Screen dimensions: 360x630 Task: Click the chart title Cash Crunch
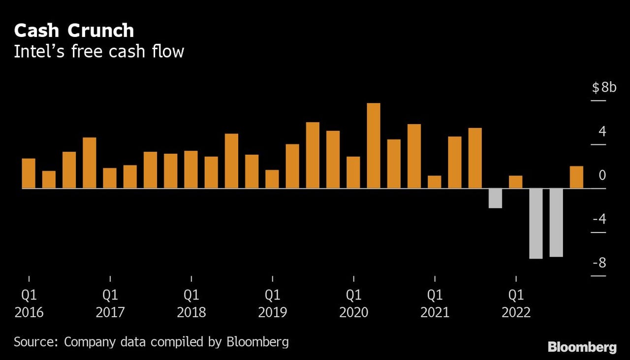[74, 31]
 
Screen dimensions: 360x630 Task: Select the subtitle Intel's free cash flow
[99, 51]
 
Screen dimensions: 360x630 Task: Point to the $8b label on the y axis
[604, 88]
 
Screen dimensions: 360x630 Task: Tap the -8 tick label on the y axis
[599, 263]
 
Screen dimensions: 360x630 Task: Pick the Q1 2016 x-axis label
[29, 303]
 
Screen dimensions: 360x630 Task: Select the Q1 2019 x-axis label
[273, 303]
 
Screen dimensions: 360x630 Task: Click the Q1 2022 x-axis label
[516, 303]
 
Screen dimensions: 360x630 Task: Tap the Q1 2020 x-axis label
[354, 303]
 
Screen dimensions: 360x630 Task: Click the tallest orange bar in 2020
[374, 146]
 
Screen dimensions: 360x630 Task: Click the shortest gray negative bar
[495, 198]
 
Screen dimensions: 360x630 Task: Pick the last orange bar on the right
[576, 177]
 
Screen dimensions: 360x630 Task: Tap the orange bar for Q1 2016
[29, 173]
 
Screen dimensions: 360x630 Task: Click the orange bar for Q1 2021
[435, 182]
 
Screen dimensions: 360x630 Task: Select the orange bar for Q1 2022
[515, 182]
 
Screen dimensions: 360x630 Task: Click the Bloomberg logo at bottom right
[582, 347]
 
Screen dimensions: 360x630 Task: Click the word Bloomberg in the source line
[257, 341]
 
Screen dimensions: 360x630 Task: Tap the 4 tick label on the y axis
[602, 132]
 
